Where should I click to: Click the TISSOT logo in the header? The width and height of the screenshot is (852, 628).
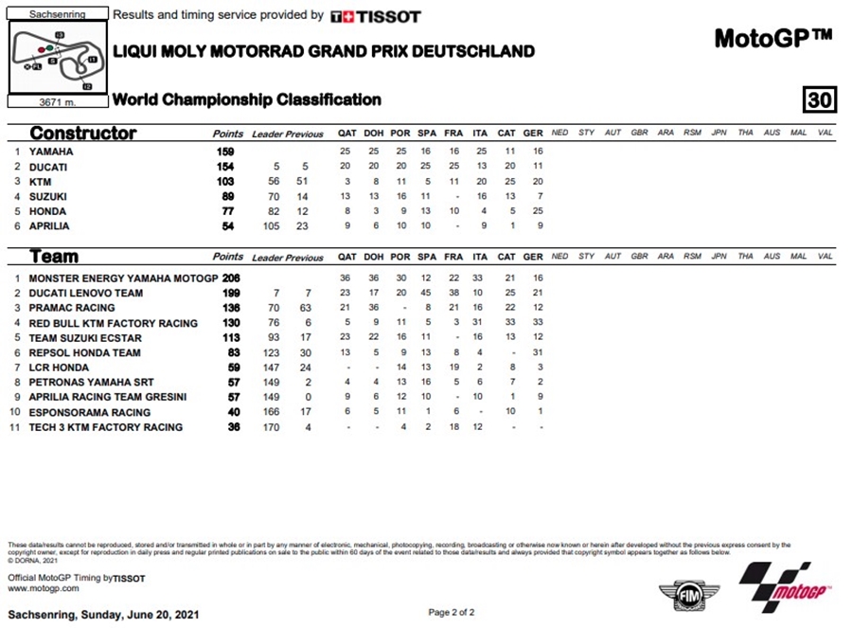click(376, 16)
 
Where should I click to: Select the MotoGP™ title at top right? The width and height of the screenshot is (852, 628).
click(773, 38)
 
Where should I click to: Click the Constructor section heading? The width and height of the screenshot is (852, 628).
click(83, 134)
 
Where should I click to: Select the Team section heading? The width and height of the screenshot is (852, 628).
click(54, 256)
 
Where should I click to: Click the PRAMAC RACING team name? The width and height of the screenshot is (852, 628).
click(72, 308)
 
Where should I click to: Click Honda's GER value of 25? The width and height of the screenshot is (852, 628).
click(533, 212)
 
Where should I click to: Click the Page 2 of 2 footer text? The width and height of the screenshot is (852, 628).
click(452, 613)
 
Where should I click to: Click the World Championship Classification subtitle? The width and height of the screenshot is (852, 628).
click(247, 99)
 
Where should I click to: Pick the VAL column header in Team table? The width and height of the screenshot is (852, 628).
click(825, 257)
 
